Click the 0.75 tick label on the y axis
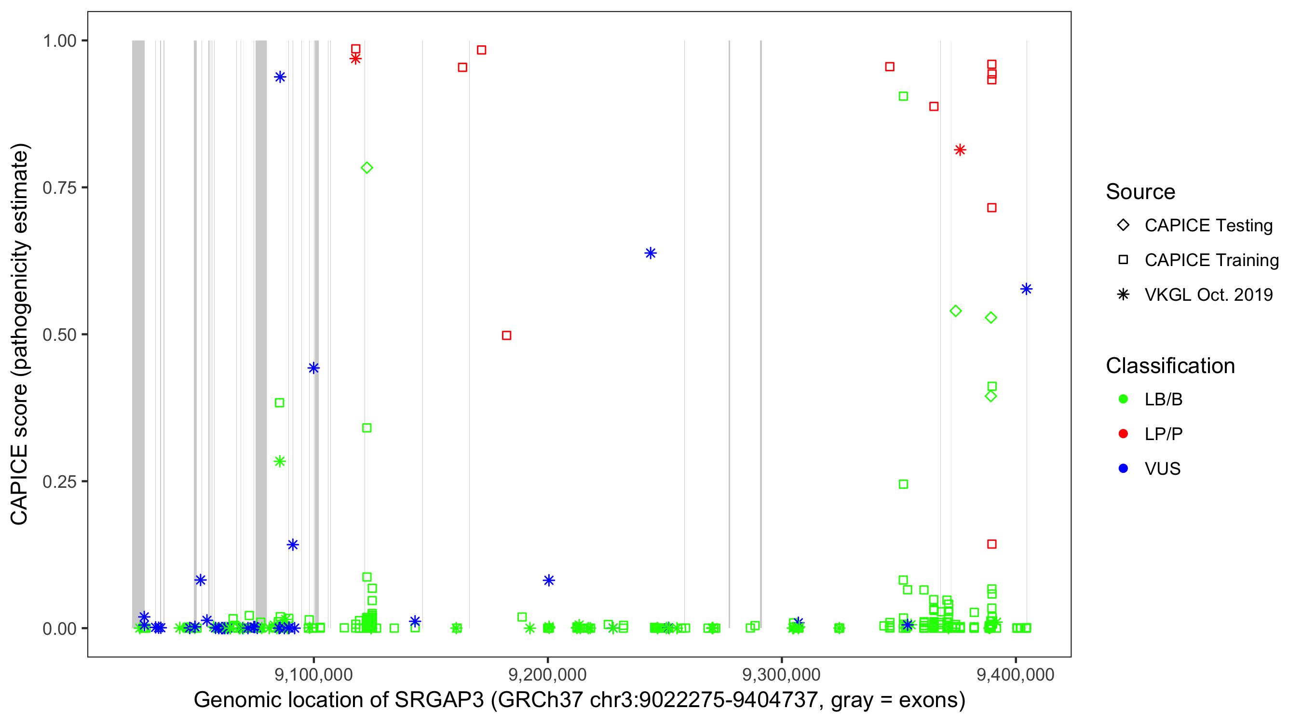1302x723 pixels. pos(59,188)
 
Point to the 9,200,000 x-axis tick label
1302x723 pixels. pos(547,674)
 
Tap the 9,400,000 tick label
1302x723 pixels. pos(1016,674)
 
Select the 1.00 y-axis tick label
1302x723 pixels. pos(59,41)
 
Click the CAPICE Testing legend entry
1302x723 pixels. pos(1208,226)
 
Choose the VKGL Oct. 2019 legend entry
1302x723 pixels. pos(1208,295)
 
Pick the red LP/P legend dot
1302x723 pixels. pos(1123,434)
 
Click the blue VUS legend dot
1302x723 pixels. pos(1123,469)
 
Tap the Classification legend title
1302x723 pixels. pos(1170,366)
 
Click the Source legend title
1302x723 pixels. pos(1140,192)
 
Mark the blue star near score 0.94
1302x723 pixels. pos(280,77)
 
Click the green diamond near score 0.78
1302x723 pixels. pos(367,168)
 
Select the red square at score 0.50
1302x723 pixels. pos(506,335)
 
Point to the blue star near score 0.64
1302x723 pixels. pos(651,253)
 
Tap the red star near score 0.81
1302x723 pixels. pos(960,150)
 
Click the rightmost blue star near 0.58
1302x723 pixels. pos(1026,289)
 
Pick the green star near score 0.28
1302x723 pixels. pos(280,461)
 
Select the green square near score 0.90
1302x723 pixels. pos(903,96)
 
